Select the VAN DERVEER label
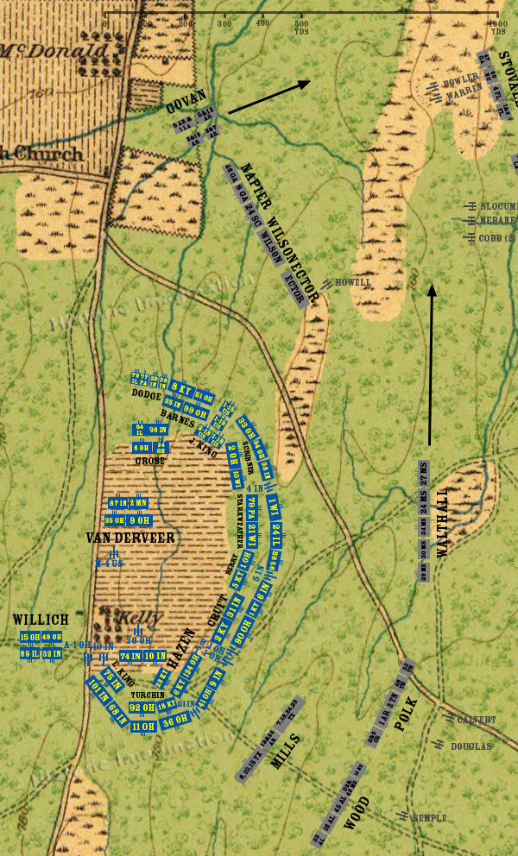coord(130,538)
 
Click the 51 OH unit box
coord(203,396)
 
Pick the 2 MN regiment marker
coord(138,503)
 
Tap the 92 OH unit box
coord(142,708)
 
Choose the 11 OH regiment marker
coord(142,727)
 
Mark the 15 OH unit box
coord(30,638)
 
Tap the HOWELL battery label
coord(353,282)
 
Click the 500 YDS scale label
coord(301,27)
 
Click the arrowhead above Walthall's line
coord(431,291)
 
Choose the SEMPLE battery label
coord(429,817)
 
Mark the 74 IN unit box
coord(130,657)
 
